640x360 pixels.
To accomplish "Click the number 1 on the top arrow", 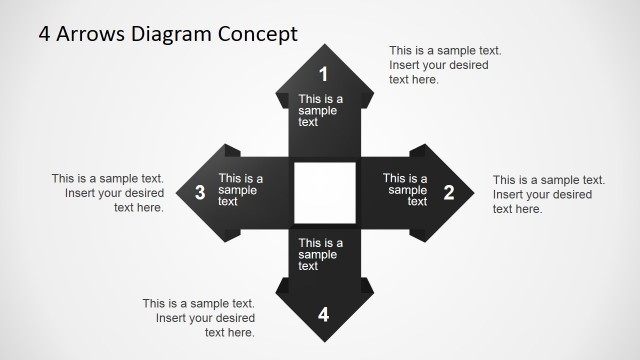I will (x=323, y=74).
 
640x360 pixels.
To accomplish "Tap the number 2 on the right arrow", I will (x=449, y=193).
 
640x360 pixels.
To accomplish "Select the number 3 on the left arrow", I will (x=200, y=193).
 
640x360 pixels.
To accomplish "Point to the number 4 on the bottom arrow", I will (x=323, y=315).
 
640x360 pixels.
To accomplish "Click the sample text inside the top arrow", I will (x=321, y=110).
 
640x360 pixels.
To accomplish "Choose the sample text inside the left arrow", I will (x=241, y=190).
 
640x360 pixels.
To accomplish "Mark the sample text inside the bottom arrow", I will (x=321, y=254).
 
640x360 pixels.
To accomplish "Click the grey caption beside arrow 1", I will (x=445, y=65).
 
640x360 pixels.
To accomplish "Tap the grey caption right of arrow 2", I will (x=548, y=194).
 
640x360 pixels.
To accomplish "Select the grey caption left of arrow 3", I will (x=108, y=193).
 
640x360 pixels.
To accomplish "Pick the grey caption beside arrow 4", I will (x=198, y=317).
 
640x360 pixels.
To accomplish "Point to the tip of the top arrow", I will (x=323, y=47).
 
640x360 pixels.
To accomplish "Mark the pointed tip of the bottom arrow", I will (x=323, y=340).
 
